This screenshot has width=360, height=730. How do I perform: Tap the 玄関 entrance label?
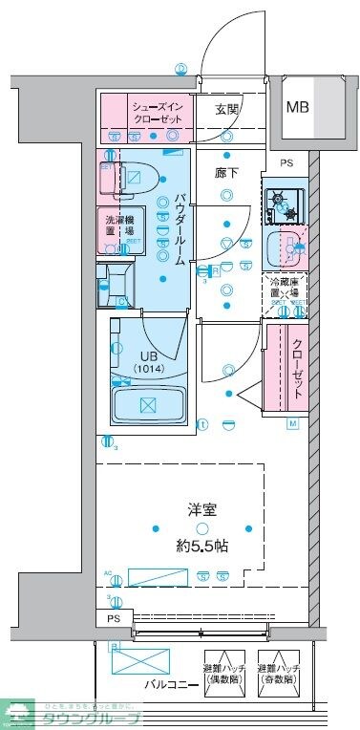click(227, 109)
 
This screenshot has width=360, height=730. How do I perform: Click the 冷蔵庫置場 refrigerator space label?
click(287, 288)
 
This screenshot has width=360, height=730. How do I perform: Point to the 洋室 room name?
click(201, 510)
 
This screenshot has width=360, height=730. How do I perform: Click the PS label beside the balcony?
click(114, 620)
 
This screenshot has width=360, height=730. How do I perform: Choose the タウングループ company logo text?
click(100, 719)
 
